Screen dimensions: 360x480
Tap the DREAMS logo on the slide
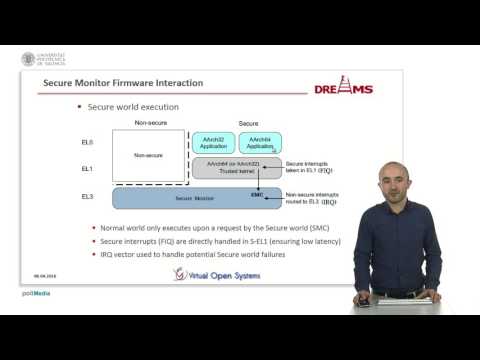342,89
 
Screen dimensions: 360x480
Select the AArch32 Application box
212,142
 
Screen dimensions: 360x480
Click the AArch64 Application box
260,142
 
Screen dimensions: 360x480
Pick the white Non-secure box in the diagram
147,156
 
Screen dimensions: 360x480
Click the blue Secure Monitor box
196,198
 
